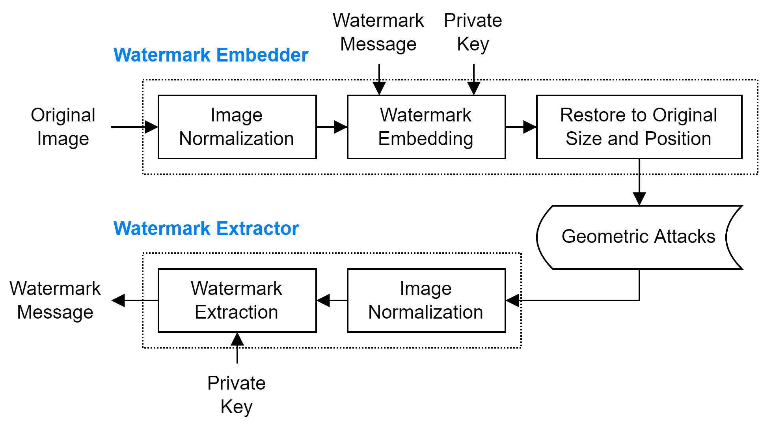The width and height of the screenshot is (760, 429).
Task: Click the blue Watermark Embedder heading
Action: pos(210,55)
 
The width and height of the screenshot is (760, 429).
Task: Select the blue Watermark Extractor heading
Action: pos(206,228)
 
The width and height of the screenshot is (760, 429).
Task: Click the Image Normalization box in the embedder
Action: pos(237,127)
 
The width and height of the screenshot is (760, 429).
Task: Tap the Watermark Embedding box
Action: pos(426,127)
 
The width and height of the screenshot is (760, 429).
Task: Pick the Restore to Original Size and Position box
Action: pos(639,127)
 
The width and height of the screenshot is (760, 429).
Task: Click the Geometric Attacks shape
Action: pos(638,237)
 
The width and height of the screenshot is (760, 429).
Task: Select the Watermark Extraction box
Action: pos(237,300)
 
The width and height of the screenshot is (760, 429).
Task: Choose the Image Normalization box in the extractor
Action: pos(426,300)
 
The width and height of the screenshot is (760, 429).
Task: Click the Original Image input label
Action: pos(63,127)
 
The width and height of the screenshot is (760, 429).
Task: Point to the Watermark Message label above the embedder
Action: pos(378,32)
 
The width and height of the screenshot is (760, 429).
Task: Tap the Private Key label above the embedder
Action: pos(473,32)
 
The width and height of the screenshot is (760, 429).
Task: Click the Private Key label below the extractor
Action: pos(237,395)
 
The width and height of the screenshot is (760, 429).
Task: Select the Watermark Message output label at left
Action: pos(55,300)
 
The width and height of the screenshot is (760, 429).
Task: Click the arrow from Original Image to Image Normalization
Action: pos(134,127)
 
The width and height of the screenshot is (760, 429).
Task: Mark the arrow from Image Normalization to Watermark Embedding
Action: pos(332,127)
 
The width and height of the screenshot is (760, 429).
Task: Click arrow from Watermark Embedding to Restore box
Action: pos(521,127)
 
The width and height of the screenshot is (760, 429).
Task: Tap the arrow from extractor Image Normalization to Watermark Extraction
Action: pos(332,300)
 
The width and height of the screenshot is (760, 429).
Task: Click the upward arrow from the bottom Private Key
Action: pos(237,348)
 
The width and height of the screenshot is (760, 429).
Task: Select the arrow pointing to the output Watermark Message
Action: pos(134,300)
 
